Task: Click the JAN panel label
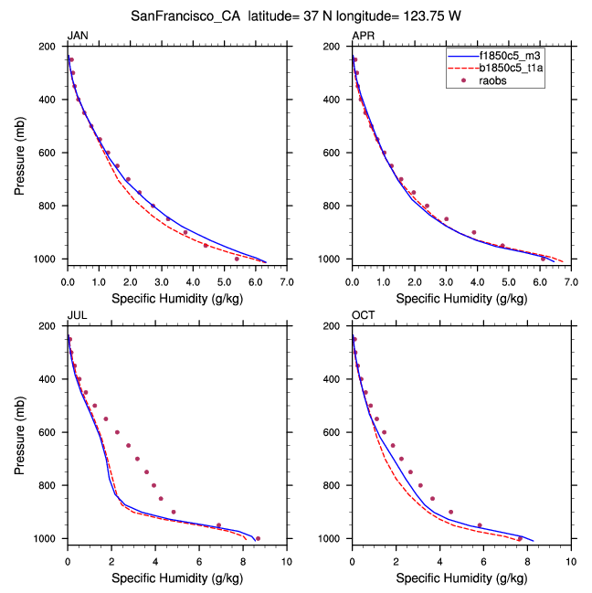(78, 36)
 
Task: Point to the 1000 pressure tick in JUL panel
(46, 539)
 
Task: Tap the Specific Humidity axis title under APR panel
(461, 298)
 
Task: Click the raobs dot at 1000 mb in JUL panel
(258, 538)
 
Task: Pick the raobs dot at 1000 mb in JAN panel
(237, 259)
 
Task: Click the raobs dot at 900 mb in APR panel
(474, 232)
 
